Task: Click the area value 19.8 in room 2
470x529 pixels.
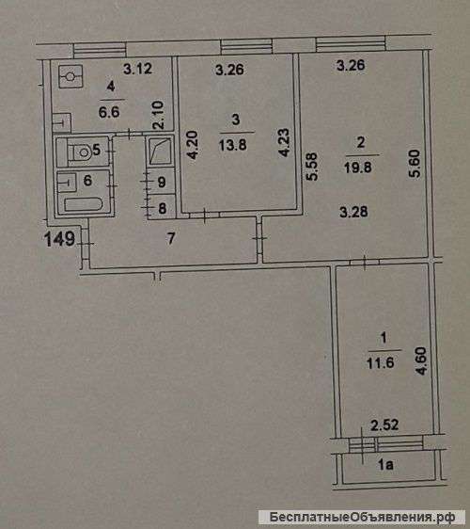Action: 358,167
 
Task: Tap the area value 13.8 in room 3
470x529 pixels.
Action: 232,145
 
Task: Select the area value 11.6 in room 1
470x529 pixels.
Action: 380,363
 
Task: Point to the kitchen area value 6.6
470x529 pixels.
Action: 109,112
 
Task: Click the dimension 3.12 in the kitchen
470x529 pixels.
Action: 137,69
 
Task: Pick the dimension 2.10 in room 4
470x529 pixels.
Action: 158,115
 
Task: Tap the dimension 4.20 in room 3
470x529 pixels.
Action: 193,145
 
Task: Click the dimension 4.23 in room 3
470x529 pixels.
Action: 284,142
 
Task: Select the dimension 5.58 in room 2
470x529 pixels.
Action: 312,167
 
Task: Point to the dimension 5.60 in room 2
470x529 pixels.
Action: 415,163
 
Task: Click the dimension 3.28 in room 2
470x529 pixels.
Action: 353,212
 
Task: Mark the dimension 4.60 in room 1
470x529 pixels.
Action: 421,361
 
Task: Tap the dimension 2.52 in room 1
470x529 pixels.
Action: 384,425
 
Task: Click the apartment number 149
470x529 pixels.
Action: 59,239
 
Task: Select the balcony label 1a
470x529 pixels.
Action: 385,465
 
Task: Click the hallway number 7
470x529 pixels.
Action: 171,238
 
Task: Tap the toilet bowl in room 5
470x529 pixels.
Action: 81,152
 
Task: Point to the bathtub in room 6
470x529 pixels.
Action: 84,204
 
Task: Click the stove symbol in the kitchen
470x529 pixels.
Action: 70,76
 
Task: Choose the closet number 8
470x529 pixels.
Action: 162,208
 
